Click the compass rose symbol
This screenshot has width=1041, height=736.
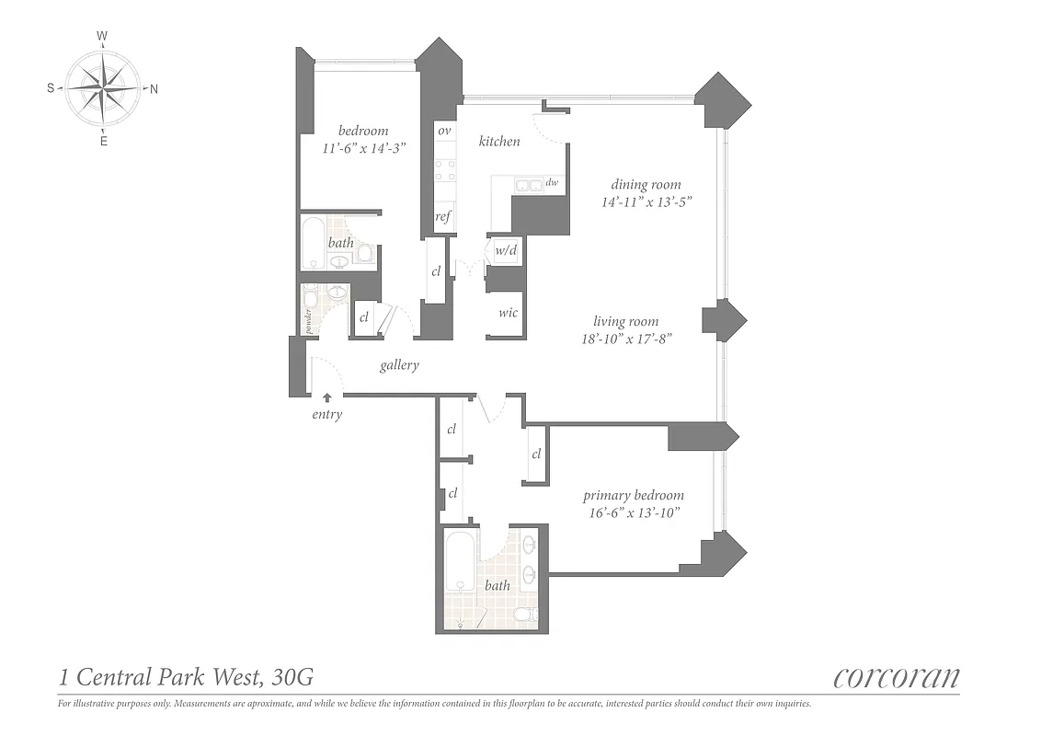tap(103, 88)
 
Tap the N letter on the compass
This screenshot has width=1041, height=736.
tap(154, 89)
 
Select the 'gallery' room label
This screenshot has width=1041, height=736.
tap(399, 365)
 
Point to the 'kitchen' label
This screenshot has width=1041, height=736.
tap(499, 142)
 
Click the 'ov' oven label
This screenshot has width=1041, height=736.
tap(445, 132)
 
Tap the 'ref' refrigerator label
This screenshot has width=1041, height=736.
tap(443, 217)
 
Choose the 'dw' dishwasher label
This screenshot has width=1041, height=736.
tap(552, 183)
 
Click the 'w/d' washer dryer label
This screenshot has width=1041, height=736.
tap(506, 249)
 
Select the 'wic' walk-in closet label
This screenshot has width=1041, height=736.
tap(508, 313)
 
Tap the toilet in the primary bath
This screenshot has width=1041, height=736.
tap(523, 614)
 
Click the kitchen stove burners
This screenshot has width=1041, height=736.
tap(445, 170)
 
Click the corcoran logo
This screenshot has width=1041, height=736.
tap(896, 678)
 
